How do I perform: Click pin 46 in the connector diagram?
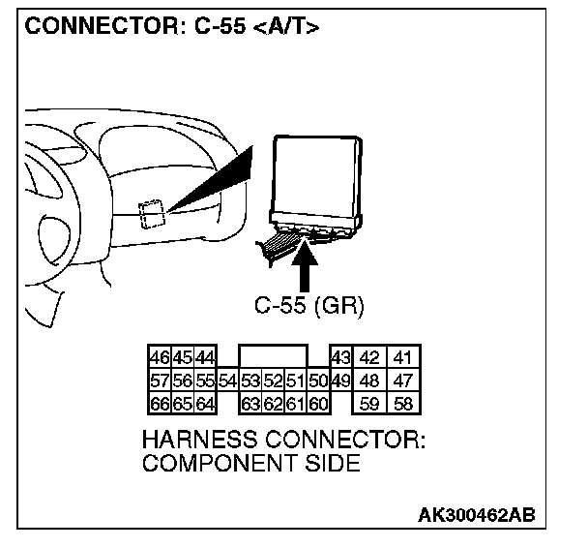pos(159,357)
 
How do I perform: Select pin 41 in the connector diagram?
pos(401,357)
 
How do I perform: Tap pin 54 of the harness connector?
pos(228,380)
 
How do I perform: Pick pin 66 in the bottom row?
pos(159,403)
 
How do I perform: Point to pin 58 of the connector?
pos(401,403)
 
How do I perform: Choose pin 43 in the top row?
pos(340,357)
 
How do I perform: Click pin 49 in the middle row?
pos(340,380)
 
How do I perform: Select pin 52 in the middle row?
pos(274,380)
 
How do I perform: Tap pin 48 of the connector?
pos(369,380)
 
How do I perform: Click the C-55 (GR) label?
pos(303,306)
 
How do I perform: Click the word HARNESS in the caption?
pos(199,440)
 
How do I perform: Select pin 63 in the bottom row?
pos(251,403)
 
